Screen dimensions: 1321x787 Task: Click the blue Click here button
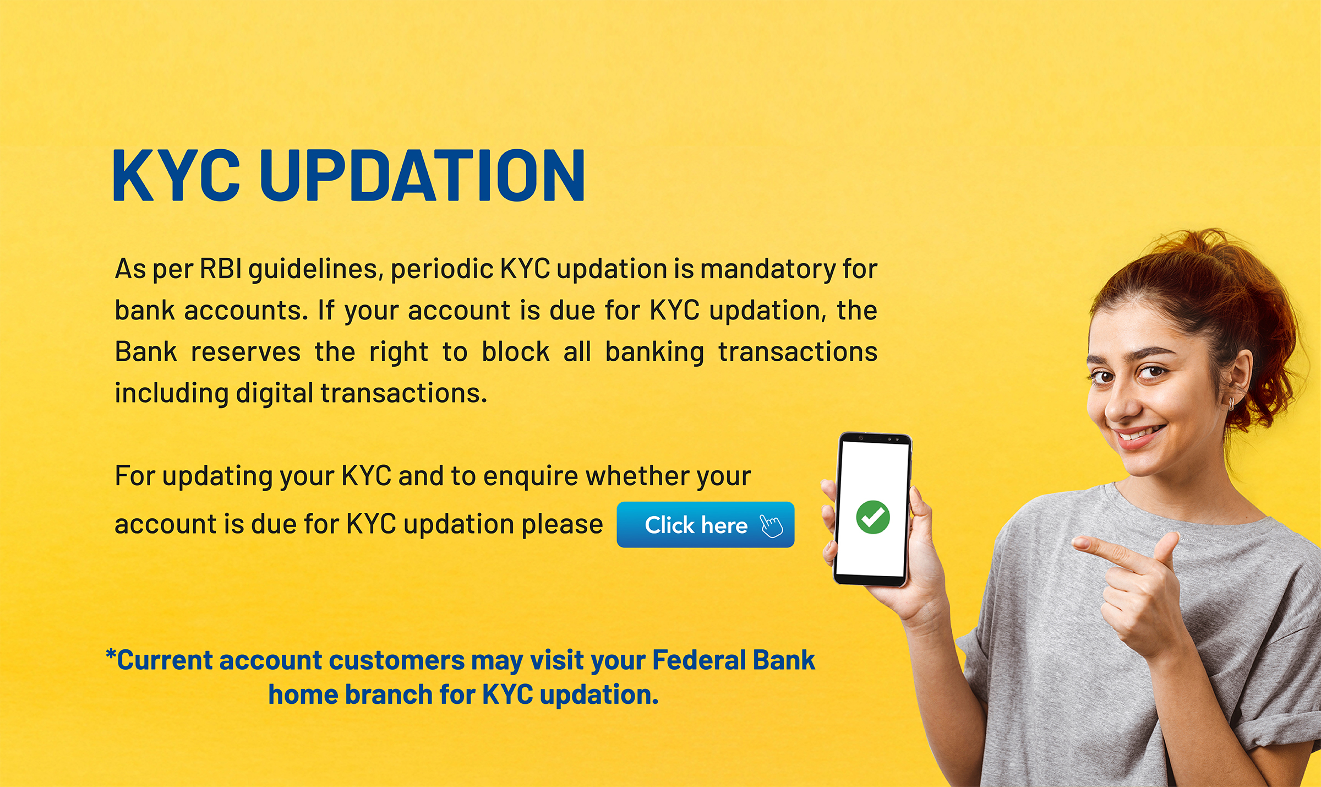[705, 524]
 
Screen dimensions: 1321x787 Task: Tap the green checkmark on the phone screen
[872, 517]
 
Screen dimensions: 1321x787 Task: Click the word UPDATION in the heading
[422, 176]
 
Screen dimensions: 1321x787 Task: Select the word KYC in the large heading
[176, 176]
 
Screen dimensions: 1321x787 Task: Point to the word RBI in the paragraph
[220, 269]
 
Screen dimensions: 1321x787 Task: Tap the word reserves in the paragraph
[245, 352]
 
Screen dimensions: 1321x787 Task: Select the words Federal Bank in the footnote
[733, 660]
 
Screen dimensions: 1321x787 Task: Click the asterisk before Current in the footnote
[111, 655]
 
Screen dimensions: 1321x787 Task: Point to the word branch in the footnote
[389, 694]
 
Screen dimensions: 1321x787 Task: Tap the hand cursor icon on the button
[771, 525]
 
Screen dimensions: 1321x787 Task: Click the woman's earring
[1231, 404]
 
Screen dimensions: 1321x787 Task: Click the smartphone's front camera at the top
[860, 438]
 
